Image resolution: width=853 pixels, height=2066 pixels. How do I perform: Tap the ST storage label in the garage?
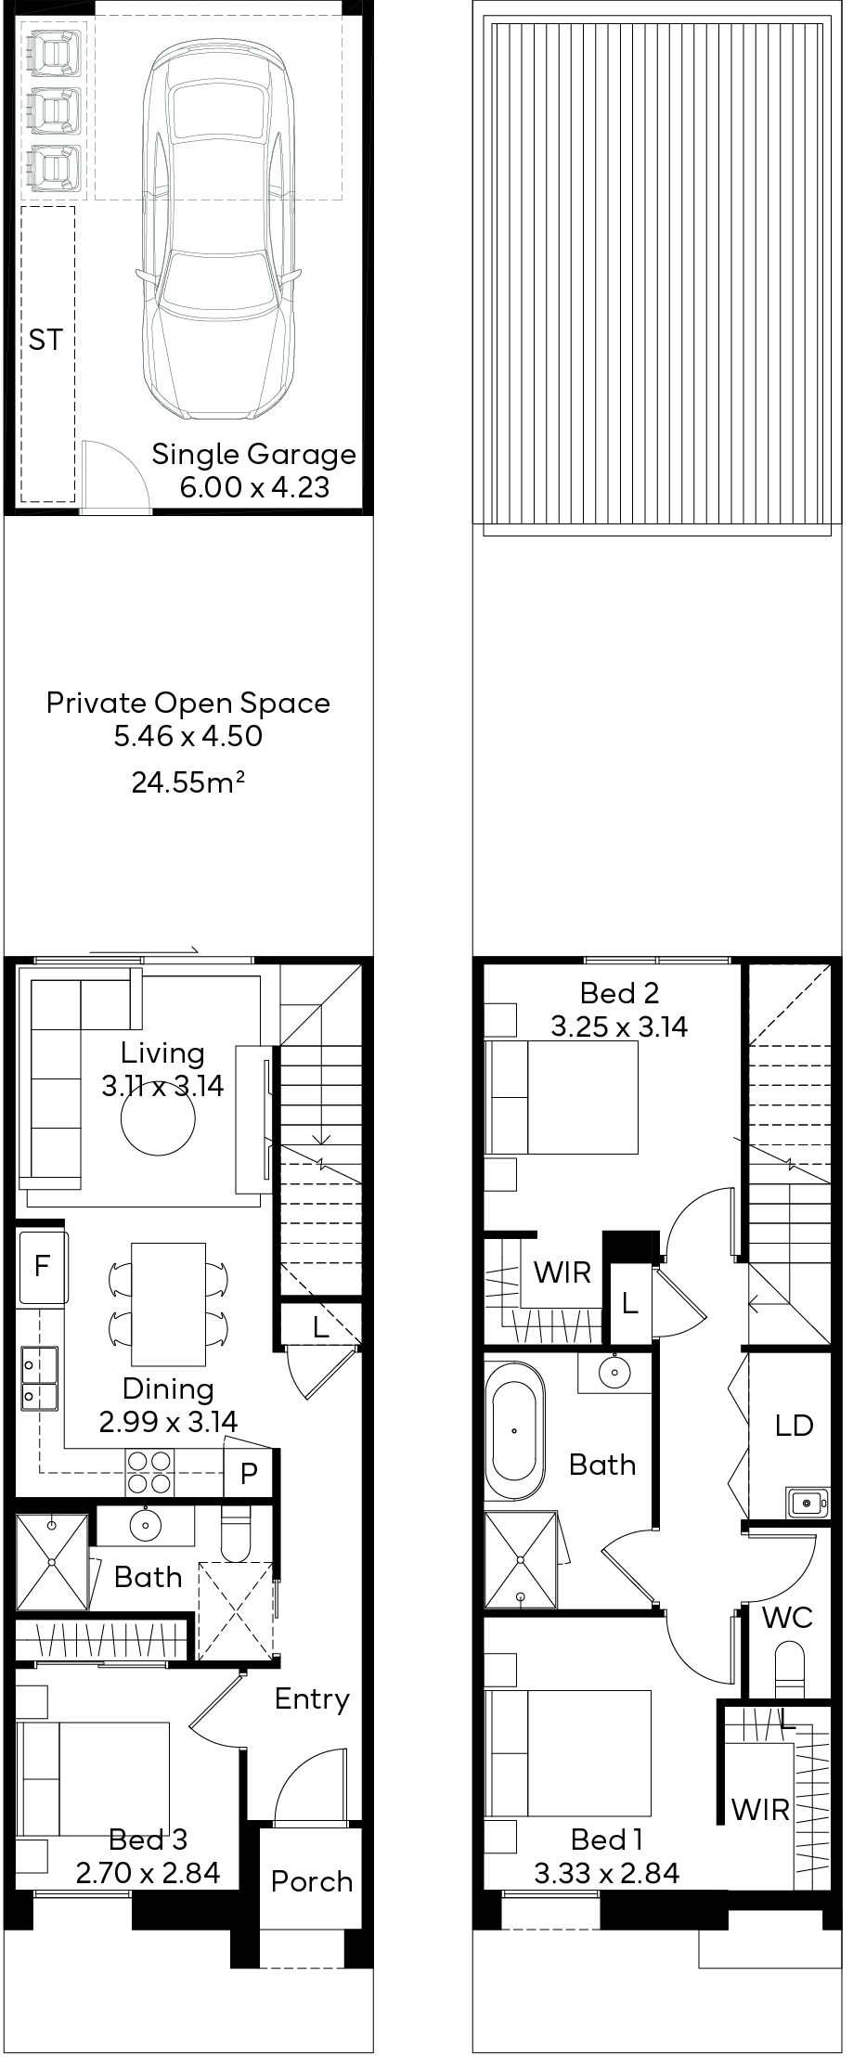click(45, 341)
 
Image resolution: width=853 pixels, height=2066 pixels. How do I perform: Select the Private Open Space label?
click(188, 703)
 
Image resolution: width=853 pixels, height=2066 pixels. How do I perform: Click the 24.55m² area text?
click(188, 782)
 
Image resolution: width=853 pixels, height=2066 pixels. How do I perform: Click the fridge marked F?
click(43, 1266)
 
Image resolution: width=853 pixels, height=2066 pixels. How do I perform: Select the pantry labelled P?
click(249, 1473)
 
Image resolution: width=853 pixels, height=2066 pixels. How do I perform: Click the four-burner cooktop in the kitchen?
click(149, 1473)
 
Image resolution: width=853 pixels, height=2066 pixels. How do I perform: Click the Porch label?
click(312, 1881)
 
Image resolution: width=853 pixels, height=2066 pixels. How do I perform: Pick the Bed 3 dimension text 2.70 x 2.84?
click(148, 1873)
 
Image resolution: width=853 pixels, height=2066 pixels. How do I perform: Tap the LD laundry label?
click(794, 1425)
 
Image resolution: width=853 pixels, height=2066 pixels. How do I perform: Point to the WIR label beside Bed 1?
click(760, 1809)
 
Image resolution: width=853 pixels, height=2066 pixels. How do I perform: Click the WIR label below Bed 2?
click(562, 1272)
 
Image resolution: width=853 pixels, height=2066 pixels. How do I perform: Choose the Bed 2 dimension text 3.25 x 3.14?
click(619, 1027)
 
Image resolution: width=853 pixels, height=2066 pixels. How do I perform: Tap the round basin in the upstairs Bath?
click(613, 1371)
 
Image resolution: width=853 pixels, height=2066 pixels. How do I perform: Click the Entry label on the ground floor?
click(312, 1699)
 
